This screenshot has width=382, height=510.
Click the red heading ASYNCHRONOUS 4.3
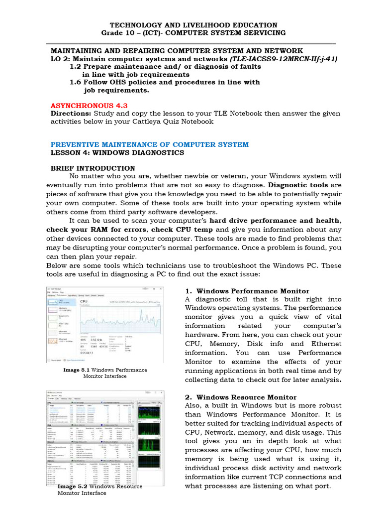coord(89,106)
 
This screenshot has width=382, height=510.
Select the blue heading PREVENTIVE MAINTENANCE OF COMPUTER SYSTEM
coord(150,144)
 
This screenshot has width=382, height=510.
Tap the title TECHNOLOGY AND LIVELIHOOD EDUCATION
coord(193,25)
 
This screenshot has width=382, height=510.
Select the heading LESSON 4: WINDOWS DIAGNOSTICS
coord(117,152)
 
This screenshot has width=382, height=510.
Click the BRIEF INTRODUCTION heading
coord(93,168)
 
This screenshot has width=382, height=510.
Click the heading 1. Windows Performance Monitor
coord(247,291)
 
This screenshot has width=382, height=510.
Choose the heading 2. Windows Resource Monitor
coord(241,397)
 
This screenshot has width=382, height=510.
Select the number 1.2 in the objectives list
coord(76,66)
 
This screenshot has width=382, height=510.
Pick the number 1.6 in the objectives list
coord(76,82)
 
